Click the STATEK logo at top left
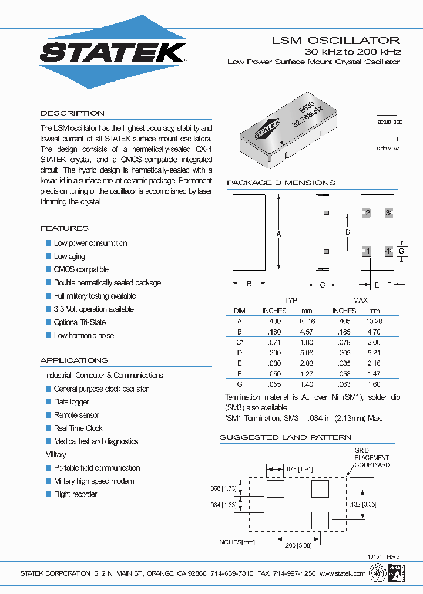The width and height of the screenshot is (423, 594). pos(113,52)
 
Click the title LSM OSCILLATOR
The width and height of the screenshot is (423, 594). pos(335,41)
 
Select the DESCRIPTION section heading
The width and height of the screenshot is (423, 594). pos(72,113)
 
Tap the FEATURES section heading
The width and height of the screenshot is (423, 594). pos(64,228)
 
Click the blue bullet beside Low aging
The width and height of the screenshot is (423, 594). pos(49,256)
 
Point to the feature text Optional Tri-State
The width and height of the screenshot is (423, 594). pos(80,322)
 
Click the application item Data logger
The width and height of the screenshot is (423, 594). pos(72,401)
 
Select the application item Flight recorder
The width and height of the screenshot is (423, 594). pos(75,494)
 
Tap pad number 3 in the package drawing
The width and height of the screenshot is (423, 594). pos(388,212)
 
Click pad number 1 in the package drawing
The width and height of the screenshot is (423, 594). pos(366,251)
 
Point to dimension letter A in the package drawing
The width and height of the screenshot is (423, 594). pos(278,234)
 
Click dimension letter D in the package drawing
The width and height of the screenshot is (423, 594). pos(348,232)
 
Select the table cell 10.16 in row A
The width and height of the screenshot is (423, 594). pos(307,321)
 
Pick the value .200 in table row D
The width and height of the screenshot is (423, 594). pos(274,353)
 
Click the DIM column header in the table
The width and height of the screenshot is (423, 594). pos(239,310)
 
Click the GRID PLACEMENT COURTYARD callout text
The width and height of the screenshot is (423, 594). pos(371,458)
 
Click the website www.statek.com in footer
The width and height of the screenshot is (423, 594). pos(343,573)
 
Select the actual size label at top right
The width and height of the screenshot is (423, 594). pos(390,122)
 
